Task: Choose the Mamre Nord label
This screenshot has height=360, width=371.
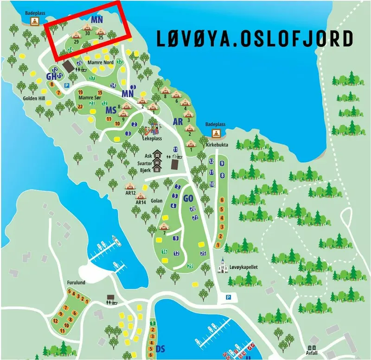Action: [x=100, y=63]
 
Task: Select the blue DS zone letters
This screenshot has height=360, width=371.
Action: [x=161, y=348]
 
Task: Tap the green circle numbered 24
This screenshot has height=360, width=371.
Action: [x=70, y=49]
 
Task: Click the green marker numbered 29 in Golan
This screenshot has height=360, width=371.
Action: [x=190, y=265]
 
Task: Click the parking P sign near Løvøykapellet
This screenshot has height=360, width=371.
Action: [x=228, y=297]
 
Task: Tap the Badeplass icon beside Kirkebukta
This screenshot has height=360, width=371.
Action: [x=216, y=133]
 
